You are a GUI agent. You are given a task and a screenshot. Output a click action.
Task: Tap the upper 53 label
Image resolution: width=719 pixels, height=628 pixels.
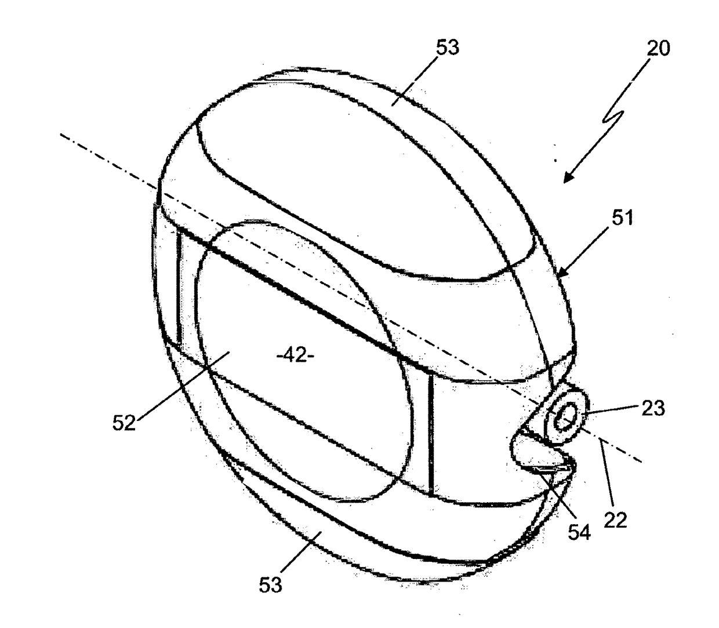click(x=447, y=48)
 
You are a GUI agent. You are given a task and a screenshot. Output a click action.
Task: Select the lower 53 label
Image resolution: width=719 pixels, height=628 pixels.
click(x=270, y=585)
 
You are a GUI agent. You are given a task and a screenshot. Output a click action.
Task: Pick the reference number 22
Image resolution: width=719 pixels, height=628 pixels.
click(x=615, y=520)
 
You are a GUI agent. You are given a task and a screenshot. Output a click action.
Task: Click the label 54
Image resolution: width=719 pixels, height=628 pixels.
click(x=578, y=532)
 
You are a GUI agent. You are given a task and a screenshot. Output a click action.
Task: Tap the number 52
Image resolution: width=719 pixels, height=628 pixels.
click(x=123, y=422)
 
